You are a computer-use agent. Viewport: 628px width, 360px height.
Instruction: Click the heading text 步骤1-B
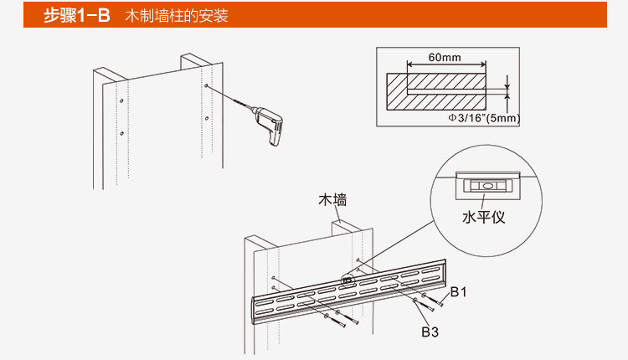click(77, 15)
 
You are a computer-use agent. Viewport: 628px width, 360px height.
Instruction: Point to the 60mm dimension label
click(445, 57)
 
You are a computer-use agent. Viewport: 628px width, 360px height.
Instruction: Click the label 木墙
click(332, 200)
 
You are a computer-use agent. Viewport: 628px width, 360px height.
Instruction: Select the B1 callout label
click(458, 292)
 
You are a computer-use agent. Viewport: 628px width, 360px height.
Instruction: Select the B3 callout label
click(430, 332)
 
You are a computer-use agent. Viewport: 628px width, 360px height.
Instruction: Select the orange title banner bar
click(314, 15)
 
